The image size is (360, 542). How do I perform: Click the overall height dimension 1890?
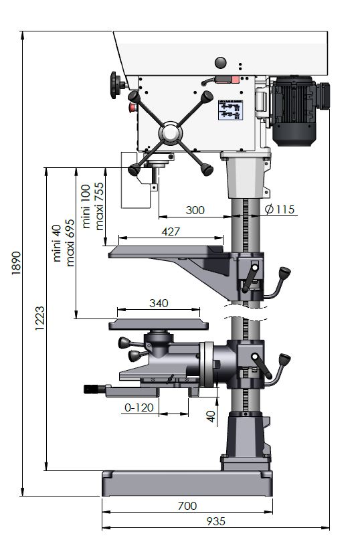pos(16,263)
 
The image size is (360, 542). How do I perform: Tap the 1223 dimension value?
pos(39,318)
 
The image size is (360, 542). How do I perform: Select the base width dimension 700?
pos(187,506)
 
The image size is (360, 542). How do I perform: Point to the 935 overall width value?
pos(215,521)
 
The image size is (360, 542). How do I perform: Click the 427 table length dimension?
pos(171,232)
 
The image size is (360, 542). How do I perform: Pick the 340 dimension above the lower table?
pos(159,303)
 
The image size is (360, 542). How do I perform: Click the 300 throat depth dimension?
pos(195,210)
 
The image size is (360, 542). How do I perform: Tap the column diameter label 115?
pos(280,209)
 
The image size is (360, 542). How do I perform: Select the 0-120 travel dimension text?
pos(139,408)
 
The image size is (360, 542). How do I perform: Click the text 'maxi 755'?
pos(99,206)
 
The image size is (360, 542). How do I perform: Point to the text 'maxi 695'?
pos(70,243)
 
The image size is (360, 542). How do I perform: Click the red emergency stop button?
pos(132,108)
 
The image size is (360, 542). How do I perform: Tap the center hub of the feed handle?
pos(171,133)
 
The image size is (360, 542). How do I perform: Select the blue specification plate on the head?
pos(230,110)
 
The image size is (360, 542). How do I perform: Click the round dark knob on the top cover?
pos(221,63)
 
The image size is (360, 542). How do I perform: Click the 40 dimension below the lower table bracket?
pos(211,416)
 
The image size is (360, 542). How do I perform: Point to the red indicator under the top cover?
pos(235,80)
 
